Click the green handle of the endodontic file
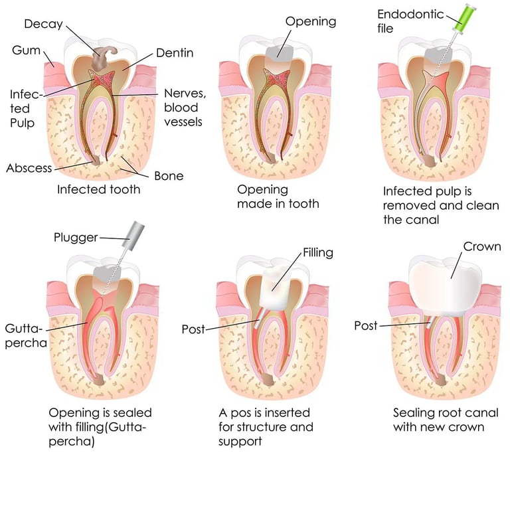point(464,17)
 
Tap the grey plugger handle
point(133,236)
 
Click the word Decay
point(43,24)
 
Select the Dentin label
point(175,52)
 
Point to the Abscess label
point(29,168)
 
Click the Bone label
point(169,176)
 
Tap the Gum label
point(26,50)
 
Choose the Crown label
point(482,246)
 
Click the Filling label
point(318,253)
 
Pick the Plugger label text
point(76,238)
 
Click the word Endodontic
point(410,15)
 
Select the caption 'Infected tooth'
point(98,189)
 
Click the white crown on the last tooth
point(446,288)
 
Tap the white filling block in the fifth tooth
point(277,288)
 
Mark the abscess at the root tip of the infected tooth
point(96,160)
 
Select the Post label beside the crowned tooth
point(366,325)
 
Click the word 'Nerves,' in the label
point(185,94)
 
